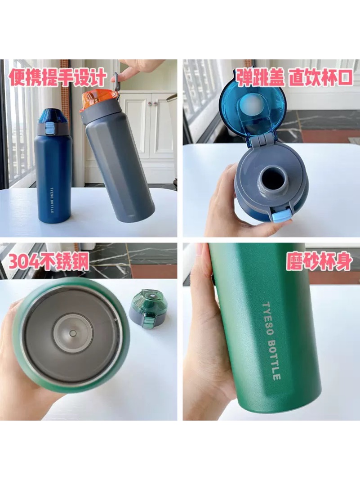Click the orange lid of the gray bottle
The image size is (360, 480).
point(98,99)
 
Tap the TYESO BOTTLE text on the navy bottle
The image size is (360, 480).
point(52,200)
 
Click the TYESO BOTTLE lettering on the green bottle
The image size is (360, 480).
point(271,341)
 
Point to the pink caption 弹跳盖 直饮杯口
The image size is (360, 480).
point(295,77)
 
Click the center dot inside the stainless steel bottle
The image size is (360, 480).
point(73,333)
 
